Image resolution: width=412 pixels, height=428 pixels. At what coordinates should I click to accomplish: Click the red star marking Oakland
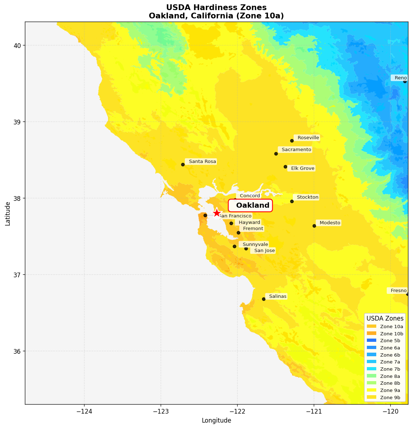pos(217,213)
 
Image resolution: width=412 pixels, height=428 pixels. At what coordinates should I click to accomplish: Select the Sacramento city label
pos(295,150)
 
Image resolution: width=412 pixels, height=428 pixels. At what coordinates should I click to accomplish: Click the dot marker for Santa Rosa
pos(183,164)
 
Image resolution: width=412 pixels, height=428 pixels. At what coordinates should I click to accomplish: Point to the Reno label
pos(399,78)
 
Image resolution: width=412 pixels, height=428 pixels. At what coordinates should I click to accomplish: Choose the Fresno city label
pos(398,291)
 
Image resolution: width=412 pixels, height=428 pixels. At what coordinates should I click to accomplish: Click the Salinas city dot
pos(264,299)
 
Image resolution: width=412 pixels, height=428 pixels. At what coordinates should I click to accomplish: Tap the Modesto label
pos(329,223)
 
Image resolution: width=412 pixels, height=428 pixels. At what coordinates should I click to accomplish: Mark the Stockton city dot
pos(292,201)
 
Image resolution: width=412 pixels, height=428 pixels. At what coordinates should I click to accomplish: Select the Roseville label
pos(307,138)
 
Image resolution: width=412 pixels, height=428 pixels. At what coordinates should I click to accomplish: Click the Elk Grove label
pos(302,168)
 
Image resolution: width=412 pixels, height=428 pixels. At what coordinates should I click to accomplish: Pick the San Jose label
pos(263,251)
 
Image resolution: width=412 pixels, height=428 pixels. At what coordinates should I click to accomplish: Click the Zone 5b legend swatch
pos(372,340)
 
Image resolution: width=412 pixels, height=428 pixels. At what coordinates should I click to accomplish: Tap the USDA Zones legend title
pos(385,318)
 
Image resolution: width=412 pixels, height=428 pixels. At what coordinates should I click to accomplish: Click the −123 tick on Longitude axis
pos(161,411)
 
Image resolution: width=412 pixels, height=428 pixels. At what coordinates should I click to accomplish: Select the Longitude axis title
pos(216,420)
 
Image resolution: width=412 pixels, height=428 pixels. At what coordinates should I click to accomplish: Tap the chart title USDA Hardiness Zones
pos(216,8)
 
